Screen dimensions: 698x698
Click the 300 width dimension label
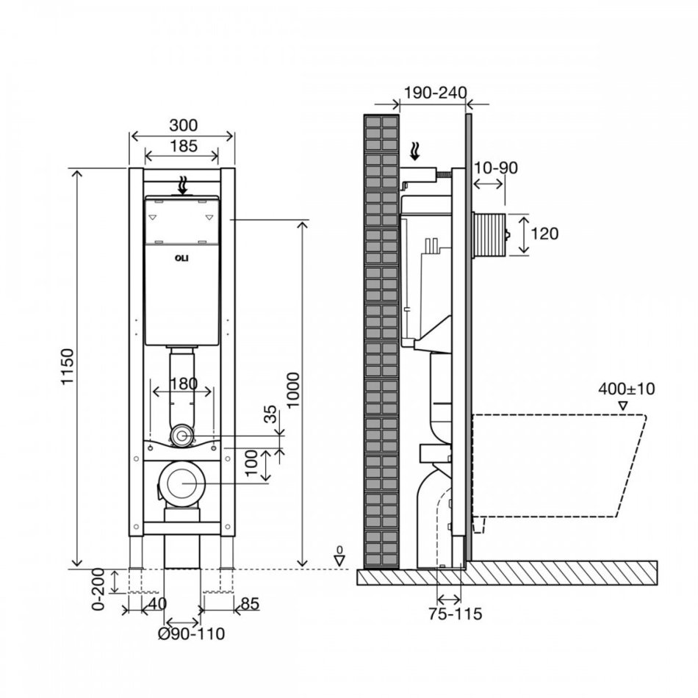pyautogui.click(x=183, y=125)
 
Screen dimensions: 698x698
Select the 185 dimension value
pyautogui.click(x=183, y=145)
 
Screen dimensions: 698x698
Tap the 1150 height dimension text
pyautogui.click(x=67, y=367)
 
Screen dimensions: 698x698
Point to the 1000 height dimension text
pyautogui.click(x=293, y=390)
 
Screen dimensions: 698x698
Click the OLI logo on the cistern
pyautogui.click(x=182, y=258)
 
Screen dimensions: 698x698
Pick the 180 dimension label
pyautogui.click(x=184, y=384)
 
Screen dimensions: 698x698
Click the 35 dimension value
pyautogui.click(x=270, y=414)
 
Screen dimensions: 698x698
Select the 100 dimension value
pyautogui.click(x=251, y=463)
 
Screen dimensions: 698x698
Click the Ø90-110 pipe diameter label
pyautogui.click(x=192, y=633)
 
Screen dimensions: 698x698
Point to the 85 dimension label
pyautogui.click(x=250, y=604)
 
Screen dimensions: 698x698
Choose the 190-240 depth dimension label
pyautogui.click(x=435, y=93)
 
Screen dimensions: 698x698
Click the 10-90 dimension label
pyautogui.click(x=495, y=168)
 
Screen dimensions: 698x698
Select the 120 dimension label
pyautogui.click(x=544, y=233)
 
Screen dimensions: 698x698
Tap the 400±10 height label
pyautogui.click(x=626, y=389)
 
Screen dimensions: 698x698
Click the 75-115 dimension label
pyautogui.click(x=456, y=614)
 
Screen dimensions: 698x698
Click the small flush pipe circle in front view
pyautogui.click(x=181, y=436)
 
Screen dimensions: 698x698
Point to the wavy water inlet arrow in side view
pyautogui.click(x=414, y=151)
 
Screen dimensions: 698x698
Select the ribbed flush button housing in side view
pyautogui.click(x=489, y=235)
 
